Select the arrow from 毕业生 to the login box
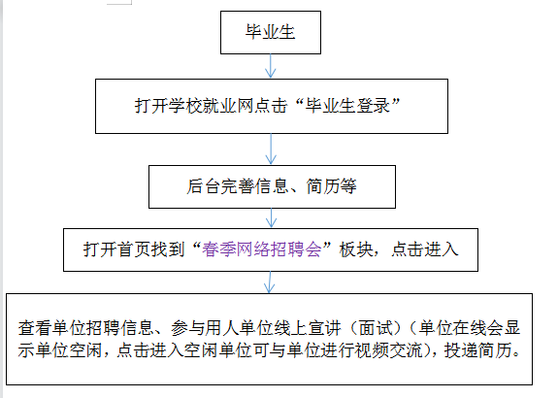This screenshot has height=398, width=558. (x=271, y=66)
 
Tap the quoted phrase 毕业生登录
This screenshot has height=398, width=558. (x=347, y=106)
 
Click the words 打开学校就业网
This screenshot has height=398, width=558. (x=194, y=106)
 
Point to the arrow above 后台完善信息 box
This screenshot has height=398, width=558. (x=271, y=149)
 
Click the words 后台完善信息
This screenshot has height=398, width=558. (x=237, y=186)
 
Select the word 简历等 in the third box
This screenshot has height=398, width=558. (x=332, y=186)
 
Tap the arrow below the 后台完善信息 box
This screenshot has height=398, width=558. (x=271, y=218)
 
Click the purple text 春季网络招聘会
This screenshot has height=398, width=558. (x=262, y=249)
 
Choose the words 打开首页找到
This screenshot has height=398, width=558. (x=134, y=249)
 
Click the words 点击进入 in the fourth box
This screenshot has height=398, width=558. (x=425, y=249)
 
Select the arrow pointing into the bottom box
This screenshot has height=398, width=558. (x=270, y=282)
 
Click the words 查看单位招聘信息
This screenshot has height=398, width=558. (x=85, y=328)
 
